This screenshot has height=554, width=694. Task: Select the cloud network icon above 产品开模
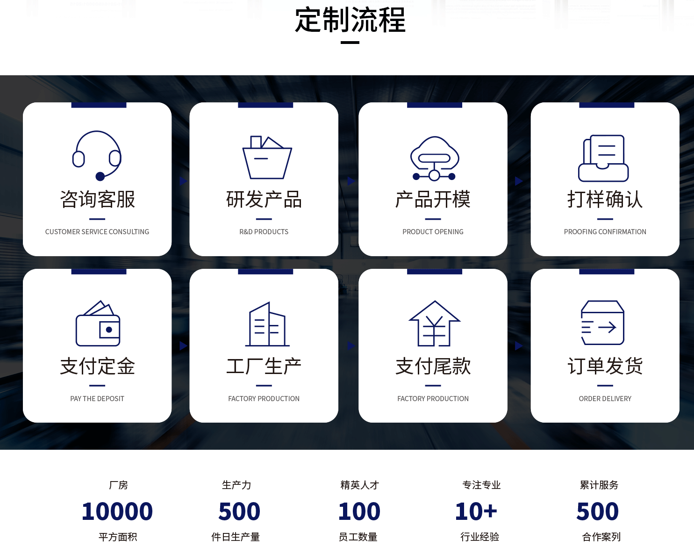(435, 158)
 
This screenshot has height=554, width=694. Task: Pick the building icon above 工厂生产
(267, 324)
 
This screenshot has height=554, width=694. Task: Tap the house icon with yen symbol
(435, 324)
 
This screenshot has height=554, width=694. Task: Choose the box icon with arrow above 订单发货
(602, 323)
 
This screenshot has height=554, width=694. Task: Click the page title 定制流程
(350, 20)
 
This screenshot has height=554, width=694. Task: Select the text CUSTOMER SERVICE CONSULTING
(97, 232)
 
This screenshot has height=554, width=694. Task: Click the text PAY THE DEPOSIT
(97, 398)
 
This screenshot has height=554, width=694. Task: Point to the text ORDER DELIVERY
(605, 398)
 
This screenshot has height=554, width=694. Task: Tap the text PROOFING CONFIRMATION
(605, 232)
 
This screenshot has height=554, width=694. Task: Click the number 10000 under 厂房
(117, 511)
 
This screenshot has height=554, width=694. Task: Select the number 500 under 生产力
(239, 511)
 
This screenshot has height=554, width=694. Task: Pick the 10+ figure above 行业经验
(476, 511)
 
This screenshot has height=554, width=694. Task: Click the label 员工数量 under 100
(358, 537)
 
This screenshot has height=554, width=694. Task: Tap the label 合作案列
(601, 537)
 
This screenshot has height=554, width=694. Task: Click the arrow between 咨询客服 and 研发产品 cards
(184, 181)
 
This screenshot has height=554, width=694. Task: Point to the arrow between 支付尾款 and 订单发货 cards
(519, 346)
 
